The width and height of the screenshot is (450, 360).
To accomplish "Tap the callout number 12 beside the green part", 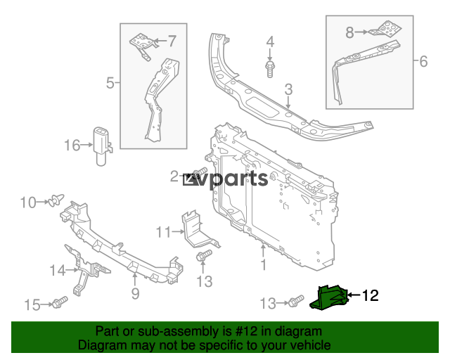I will [370, 296].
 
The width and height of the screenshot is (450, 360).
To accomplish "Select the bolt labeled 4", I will [270, 68].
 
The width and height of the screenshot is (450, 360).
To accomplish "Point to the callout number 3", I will [288, 89].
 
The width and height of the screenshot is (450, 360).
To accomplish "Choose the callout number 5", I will [110, 84].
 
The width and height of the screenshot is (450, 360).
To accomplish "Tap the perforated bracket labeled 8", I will [383, 30].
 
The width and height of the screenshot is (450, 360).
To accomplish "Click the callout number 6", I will [423, 62].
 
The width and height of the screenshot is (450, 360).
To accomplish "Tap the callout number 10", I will [27, 203].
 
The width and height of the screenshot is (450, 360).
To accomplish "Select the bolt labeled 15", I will [58, 304].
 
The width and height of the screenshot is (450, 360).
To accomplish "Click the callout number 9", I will [135, 292].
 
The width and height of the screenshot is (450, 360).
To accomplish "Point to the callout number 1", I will [264, 265].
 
